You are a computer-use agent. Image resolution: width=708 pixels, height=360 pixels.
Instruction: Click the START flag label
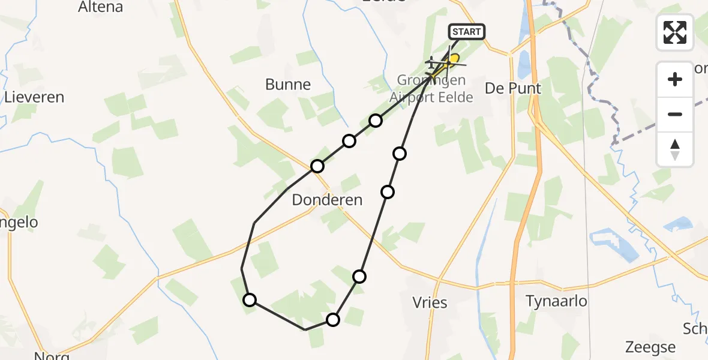click(x=466, y=32)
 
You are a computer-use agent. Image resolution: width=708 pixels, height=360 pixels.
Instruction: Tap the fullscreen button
click(x=675, y=32)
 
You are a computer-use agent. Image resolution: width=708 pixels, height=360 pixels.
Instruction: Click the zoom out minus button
click(x=675, y=114)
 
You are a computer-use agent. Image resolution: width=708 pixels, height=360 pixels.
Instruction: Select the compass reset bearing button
click(x=675, y=149)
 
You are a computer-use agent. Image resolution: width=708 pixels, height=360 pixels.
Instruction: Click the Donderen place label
click(x=327, y=200)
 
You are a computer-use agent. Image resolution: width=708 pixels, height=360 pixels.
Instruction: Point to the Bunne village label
click(x=288, y=85)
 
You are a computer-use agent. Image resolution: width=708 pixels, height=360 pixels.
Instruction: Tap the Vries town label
click(x=430, y=302)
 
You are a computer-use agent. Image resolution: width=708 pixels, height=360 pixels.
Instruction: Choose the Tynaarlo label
click(x=556, y=301)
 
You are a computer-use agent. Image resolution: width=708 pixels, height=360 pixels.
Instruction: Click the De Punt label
click(x=513, y=89)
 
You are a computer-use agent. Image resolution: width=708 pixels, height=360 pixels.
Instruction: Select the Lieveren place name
click(x=34, y=97)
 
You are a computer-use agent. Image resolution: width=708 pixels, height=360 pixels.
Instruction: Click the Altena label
click(x=101, y=7)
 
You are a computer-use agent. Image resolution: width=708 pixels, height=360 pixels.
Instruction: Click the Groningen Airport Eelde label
click(x=431, y=89)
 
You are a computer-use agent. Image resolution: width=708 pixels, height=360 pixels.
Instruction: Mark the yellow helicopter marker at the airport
click(x=453, y=59)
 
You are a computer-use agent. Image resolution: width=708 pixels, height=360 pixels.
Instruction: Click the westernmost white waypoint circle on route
click(x=249, y=299)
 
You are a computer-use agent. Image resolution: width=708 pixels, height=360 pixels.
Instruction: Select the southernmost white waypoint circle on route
click(x=333, y=320)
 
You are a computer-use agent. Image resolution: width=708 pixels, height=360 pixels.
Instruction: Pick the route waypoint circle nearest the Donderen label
click(x=317, y=166)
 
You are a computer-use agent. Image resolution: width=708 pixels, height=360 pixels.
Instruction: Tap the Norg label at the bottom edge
click(x=52, y=356)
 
